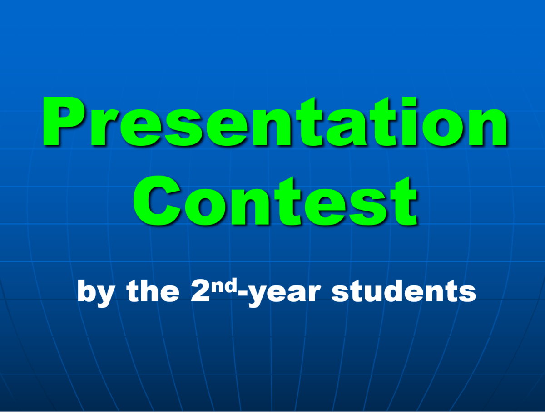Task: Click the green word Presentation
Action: click(x=274, y=121)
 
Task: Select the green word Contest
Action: click(x=275, y=201)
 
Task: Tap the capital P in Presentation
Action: click(x=63, y=121)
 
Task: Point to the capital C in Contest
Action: click(x=157, y=201)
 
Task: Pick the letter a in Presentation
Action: click(x=347, y=128)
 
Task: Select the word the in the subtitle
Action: click(x=153, y=290)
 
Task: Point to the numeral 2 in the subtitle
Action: click(x=200, y=291)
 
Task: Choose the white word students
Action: click(x=404, y=291)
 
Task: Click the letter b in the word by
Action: click(x=86, y=291)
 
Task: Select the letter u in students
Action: click(x=374, y=294)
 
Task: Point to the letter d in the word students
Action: click(x=395, y=291)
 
